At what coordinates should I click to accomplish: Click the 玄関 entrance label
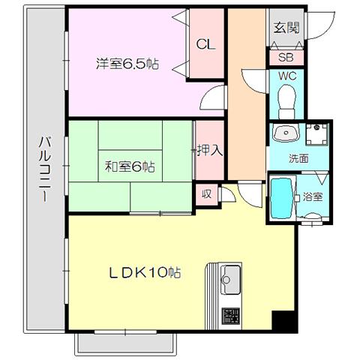[286, 28]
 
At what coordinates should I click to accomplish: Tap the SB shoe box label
[286, 57]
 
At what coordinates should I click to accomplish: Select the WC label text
[287, 76]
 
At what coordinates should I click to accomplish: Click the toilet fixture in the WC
[287, 102]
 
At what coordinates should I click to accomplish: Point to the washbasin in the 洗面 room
[286, 133]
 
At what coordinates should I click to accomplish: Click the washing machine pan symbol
[316, 134]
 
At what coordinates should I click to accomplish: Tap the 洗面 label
[298, 158]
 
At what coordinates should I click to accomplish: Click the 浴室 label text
[313, 196]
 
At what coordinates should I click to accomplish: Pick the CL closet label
[205, 44]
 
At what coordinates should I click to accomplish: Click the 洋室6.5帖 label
[127, 64]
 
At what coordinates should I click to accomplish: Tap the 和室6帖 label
[130, 166]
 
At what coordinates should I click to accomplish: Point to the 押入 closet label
[210, 151]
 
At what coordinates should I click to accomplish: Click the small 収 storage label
[207, 193]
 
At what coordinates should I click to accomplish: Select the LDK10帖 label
[145, 272]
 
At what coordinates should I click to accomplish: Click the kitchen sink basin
[232, 280]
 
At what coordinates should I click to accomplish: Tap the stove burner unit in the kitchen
[231, 316]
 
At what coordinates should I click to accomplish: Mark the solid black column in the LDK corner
[285, 322]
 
